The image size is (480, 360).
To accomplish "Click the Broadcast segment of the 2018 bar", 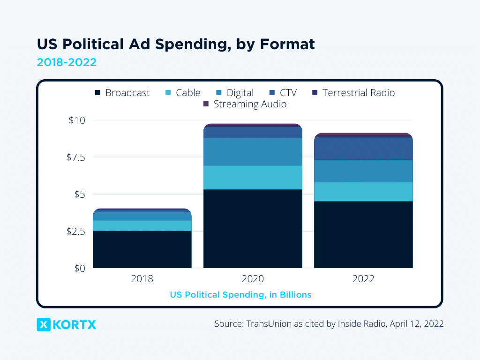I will click(142, 249).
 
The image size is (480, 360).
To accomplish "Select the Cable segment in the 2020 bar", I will click(253, 177).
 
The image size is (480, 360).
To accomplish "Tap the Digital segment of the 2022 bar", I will click(363, 171).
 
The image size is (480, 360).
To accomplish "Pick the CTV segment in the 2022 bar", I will click(363, 149).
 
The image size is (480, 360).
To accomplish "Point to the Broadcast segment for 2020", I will click(253, 229).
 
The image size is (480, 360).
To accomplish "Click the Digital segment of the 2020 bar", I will click(253, 152).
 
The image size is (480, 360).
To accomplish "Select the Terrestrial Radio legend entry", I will click(353, 93).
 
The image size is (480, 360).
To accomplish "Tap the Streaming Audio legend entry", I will click(245, 104).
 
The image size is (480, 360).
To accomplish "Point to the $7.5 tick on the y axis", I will click(75, 157).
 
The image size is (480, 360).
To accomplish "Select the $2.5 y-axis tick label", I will click(75, 232).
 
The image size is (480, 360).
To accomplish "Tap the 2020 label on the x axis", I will click(253, 279).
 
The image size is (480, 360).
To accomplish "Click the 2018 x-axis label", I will click(142, 279).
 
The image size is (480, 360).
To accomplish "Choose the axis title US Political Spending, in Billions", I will click(240, 295).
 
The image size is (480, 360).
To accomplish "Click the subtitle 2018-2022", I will click(67, 62).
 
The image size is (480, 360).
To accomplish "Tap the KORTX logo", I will click(67, 324).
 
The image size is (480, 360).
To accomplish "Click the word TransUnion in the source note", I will click(268, 324).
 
